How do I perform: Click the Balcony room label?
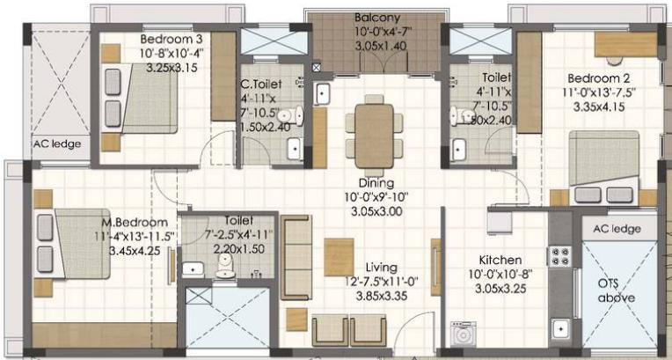(x=377, y=18)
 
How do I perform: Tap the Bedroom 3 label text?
(x=172, y=39)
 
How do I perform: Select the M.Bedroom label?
(x=135, y=223)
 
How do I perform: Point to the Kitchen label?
(x=500, y=260)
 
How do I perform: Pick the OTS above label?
(x=617, y=291)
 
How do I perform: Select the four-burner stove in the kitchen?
(x=560, y=257)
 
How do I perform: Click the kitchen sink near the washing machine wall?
(x=560, y=329)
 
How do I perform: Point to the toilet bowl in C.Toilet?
(x=290, y=115)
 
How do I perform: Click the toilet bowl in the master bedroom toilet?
(x=225, y=266)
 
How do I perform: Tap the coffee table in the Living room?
(x=339, y=257)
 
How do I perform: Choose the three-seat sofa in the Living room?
(x=296, y=257)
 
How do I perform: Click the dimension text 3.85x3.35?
(x=382, y=296)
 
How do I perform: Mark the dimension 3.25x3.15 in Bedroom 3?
(x=172, y=68)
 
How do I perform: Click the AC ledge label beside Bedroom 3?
(x=57, y=143)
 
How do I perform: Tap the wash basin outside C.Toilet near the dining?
(x=322, y=93)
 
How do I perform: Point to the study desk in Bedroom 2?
(x=625, y=44)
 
